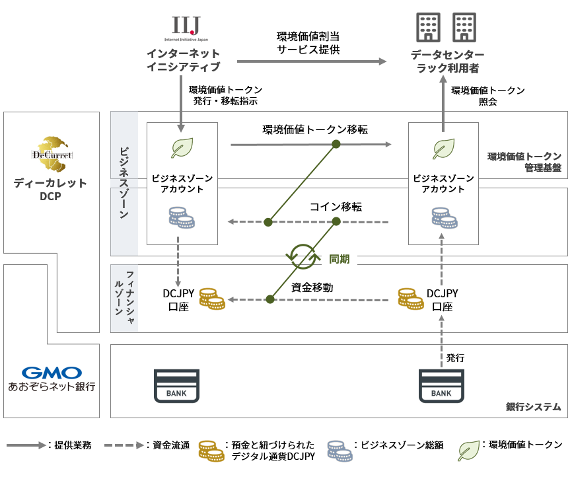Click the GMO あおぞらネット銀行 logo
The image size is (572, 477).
[x=52, y=379]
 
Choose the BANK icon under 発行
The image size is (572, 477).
[x=441, y=385]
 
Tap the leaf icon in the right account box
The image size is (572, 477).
[x=443, y=149]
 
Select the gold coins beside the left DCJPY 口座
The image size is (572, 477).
[x=212, y=299]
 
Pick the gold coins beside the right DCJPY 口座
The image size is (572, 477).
[x=411, y=299]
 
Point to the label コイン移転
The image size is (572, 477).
[x=336, y=207]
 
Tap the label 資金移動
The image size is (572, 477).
[x=312, y=287]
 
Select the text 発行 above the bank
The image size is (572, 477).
[x=455, y=357]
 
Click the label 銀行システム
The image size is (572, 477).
[x=534, y=406]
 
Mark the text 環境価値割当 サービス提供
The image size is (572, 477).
[x=308, y=43]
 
